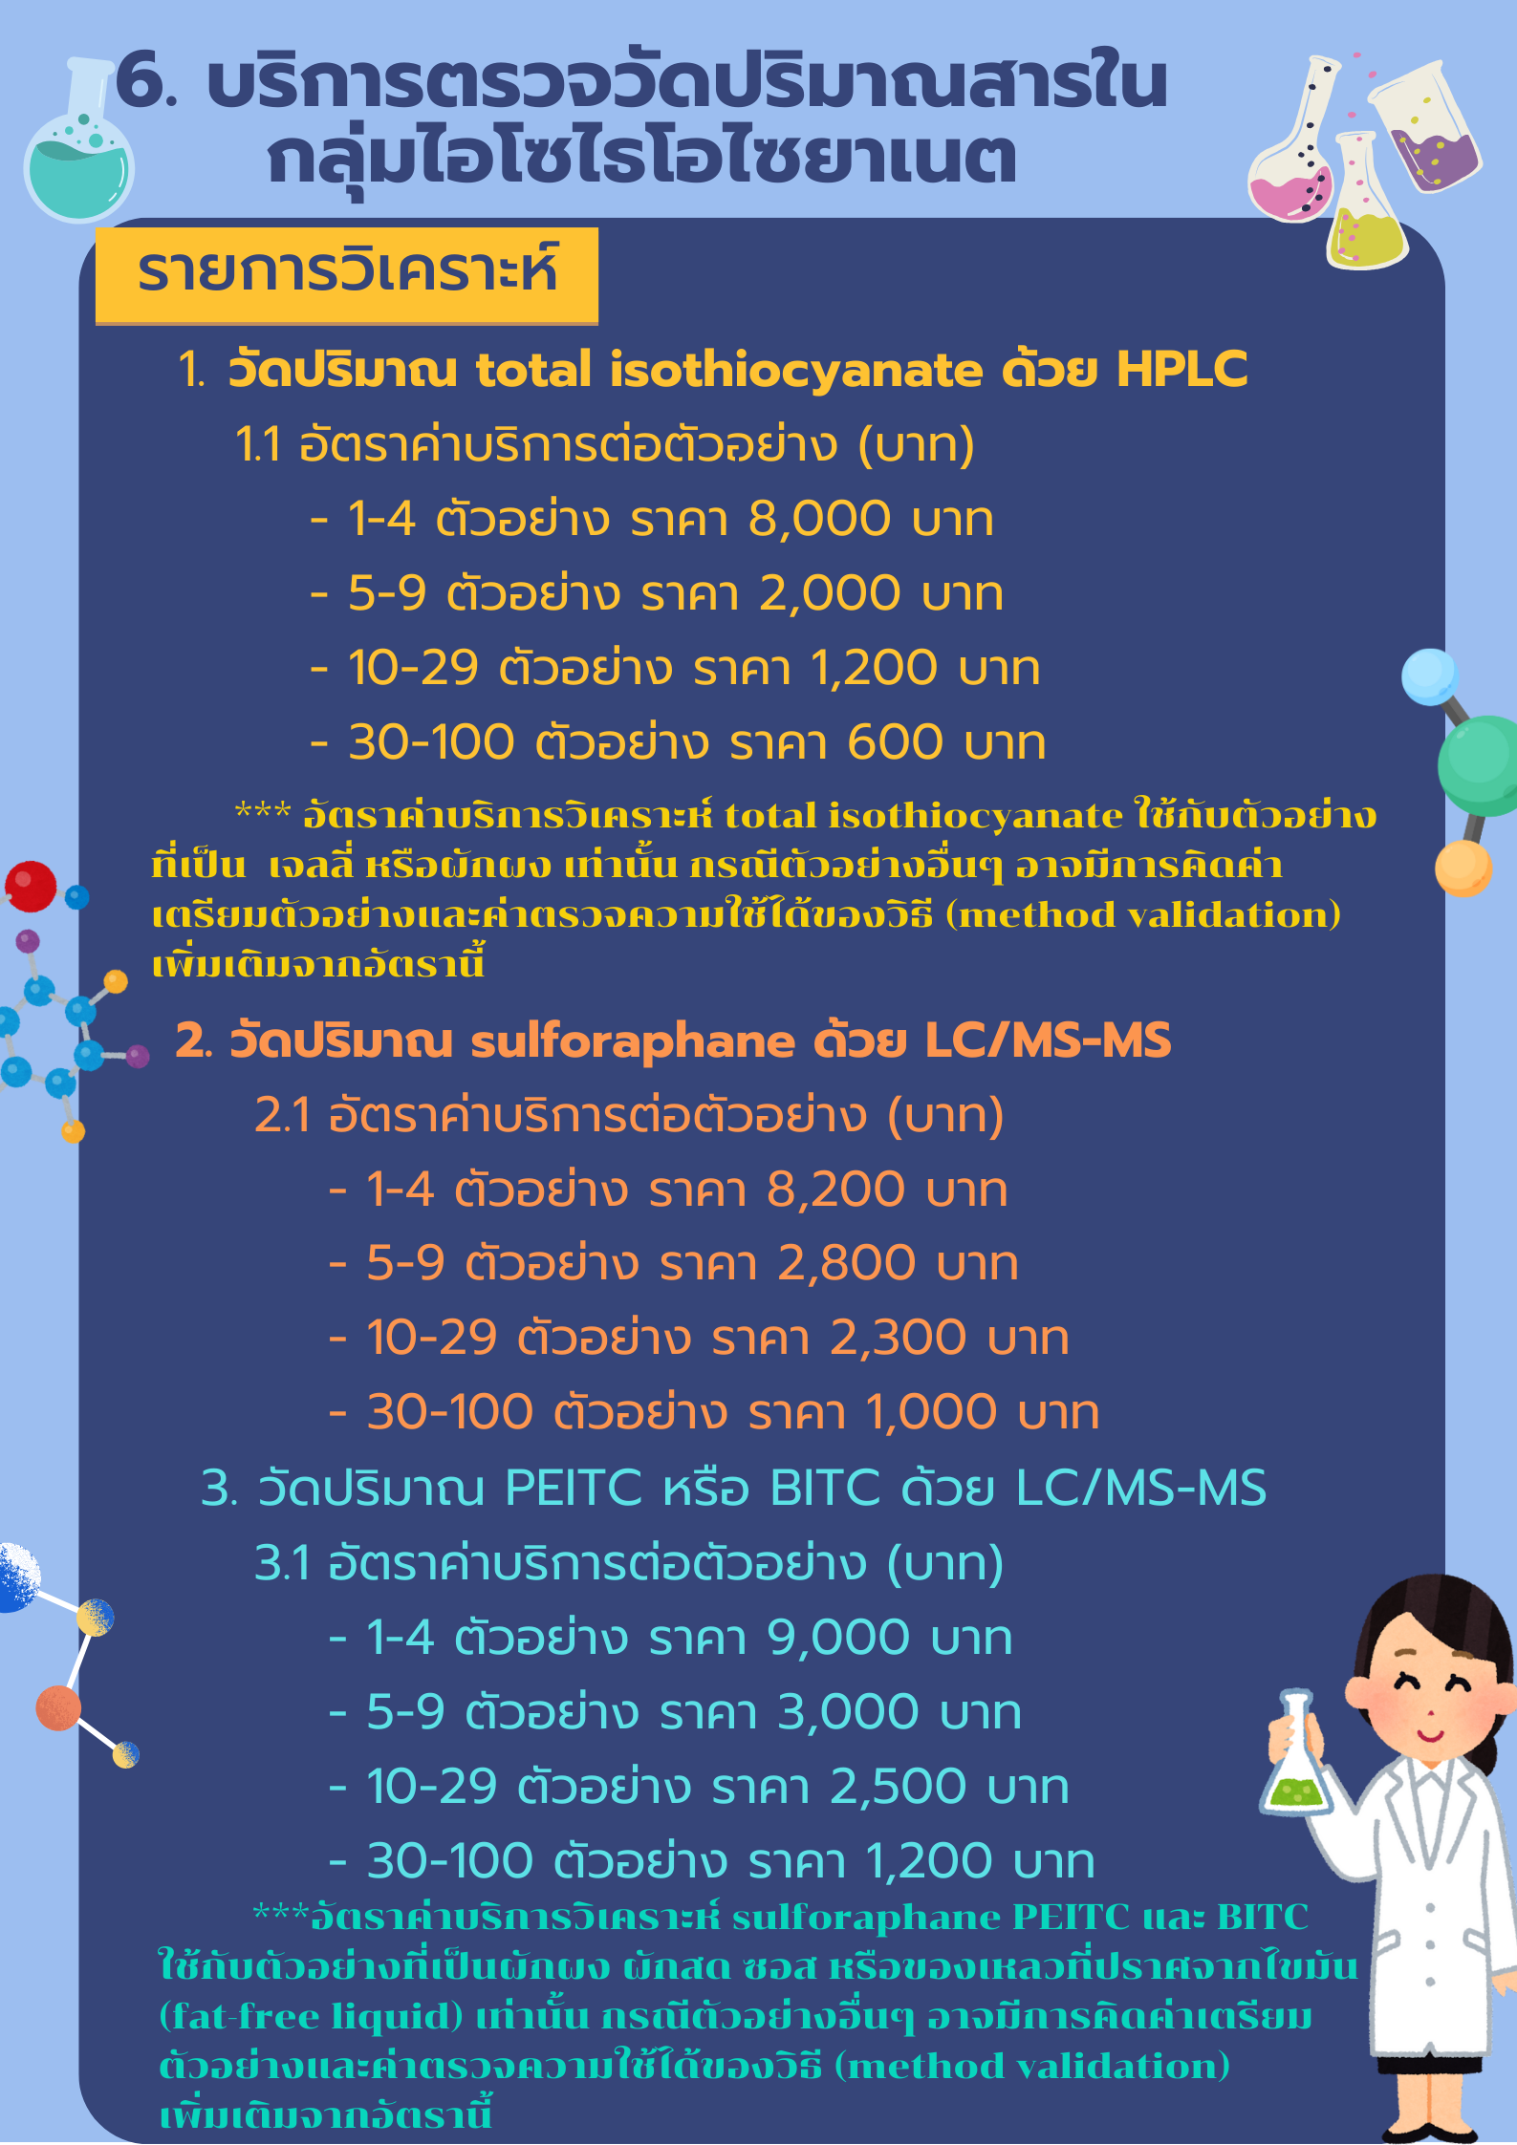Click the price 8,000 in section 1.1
coord(819,520)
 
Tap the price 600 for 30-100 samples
coord(895,742)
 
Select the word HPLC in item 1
coord(1181,370)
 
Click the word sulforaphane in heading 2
coord(633,1041)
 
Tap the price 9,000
coord(837,1638)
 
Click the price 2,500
coord(898,1787)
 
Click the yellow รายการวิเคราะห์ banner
coord(347,274)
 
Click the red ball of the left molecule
coord(31,886)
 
